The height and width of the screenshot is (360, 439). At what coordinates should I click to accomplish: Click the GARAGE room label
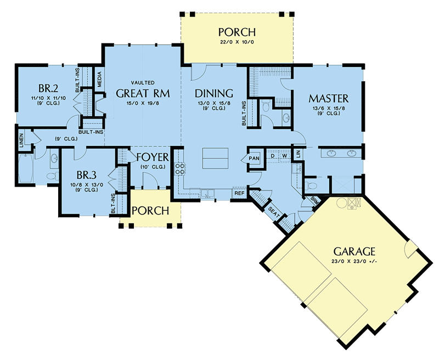click(x=354, y=251)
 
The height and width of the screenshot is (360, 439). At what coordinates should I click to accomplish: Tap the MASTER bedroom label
click(x=328, y=99)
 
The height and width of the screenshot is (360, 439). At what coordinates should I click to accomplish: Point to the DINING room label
click(x=215, y=93)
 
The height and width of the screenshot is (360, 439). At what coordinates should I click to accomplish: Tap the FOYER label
click(x=152, y=157)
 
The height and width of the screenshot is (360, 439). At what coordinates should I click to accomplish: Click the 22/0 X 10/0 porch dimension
click(x=237, y=42)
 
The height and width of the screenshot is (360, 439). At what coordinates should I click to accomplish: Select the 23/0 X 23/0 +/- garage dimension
click(x=354, y=262)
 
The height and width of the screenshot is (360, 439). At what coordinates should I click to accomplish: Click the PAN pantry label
click(x=254, y=159)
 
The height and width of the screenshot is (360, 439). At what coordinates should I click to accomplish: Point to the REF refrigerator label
click(x=239, y=193)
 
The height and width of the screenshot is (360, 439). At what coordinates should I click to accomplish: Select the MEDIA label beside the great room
click(x=99, y=81)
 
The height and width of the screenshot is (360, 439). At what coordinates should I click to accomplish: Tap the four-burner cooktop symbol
click(x=178, y=168)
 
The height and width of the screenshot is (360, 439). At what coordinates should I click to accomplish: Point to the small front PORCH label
click(x=149, y=211)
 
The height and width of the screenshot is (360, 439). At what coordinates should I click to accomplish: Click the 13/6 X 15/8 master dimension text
click(x=328, y=109)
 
